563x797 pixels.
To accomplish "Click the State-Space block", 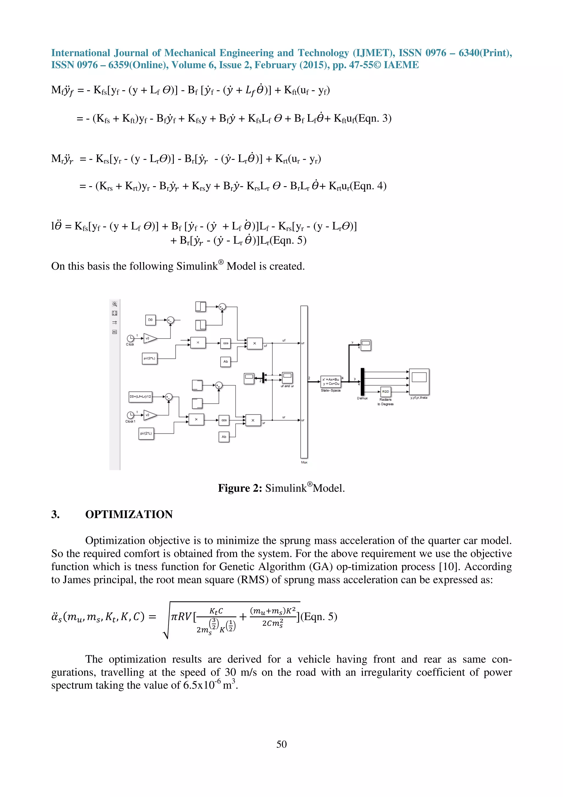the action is click(x=331, y=381).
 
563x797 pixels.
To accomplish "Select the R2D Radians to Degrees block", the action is click(x=385, y=392).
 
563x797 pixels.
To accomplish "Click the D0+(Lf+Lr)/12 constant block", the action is click(x=140, y=396).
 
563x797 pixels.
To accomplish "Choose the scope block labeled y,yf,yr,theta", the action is click(x=419, y=381).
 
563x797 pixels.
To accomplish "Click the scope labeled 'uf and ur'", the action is click(x=287, y=377).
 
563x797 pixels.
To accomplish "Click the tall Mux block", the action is click(x=304, y=382).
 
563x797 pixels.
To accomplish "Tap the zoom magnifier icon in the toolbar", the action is click(x=114, y=304).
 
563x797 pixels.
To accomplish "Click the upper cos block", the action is click(x=225, y=343).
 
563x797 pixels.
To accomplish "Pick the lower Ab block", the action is click(x=224, y=437).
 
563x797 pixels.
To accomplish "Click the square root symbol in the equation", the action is click(x=167, y=621).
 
